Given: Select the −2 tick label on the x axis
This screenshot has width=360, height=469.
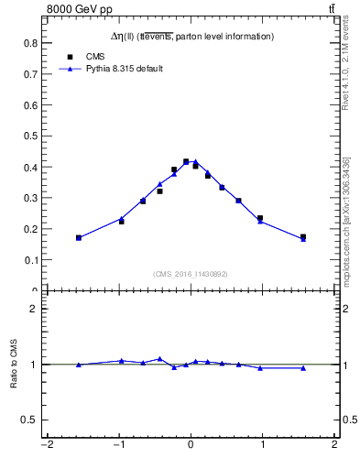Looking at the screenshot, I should tap(47, 446).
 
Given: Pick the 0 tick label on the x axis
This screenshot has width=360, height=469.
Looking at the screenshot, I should tap(191, 446).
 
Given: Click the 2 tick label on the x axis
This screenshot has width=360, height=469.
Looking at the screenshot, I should tap(334, 446).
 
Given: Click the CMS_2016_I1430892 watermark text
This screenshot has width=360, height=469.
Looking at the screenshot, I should tap(190, 274).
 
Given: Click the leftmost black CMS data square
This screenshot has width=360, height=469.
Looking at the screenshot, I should tap(79, 238).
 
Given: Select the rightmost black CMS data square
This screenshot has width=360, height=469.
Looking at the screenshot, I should tap(303, 237).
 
